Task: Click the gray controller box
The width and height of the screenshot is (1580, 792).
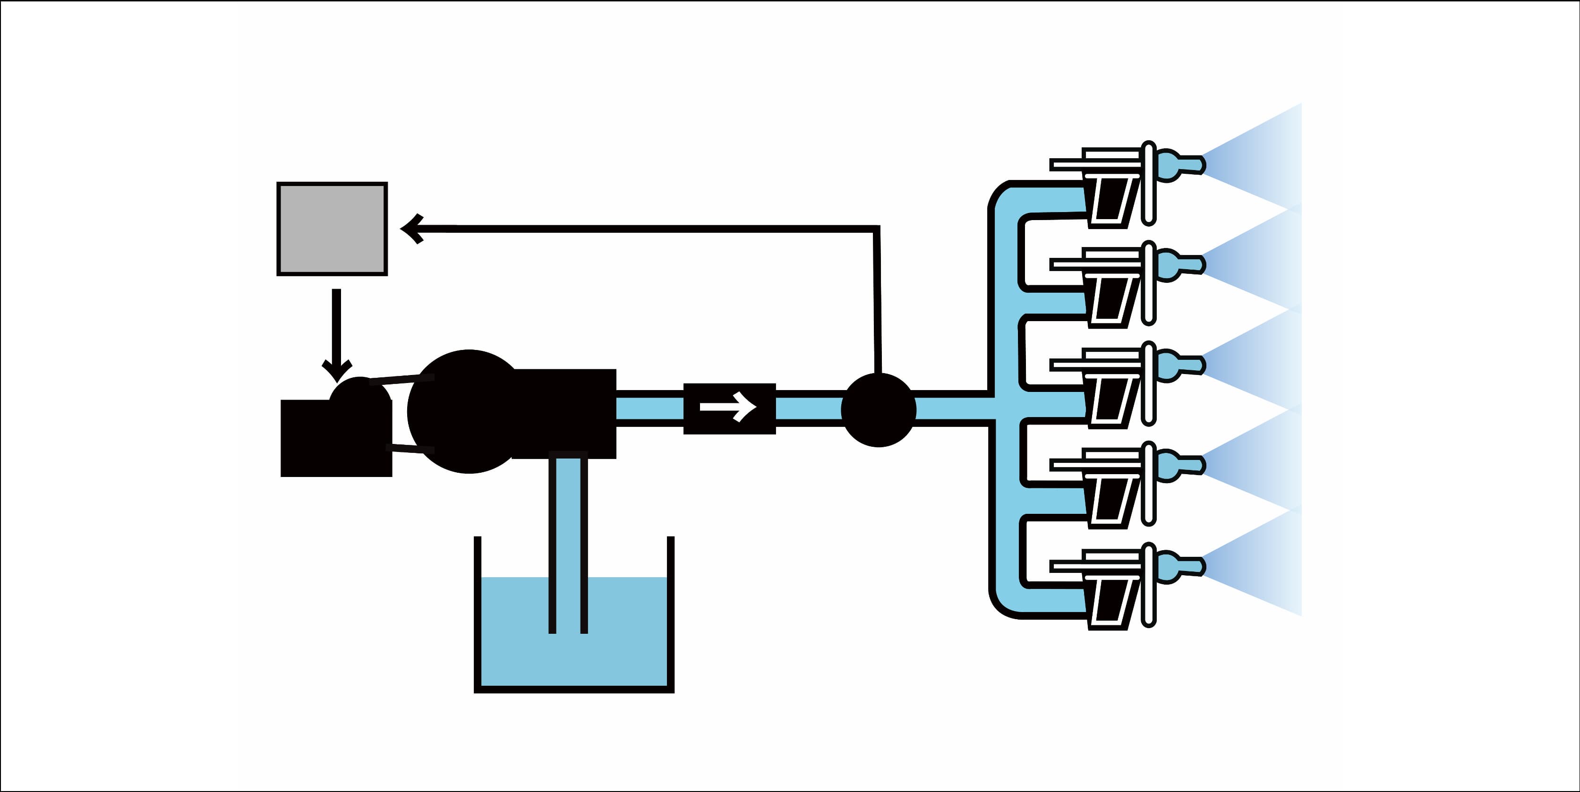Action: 332,229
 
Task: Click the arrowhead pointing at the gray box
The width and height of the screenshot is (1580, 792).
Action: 412,229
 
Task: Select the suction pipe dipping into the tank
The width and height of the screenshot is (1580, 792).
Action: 568,540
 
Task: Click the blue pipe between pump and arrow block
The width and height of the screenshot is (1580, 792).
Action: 649,408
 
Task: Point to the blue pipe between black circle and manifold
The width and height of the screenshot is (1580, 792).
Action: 951,408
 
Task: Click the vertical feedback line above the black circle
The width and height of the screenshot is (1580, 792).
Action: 877,301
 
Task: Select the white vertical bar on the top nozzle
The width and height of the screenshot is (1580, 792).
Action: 1149,183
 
